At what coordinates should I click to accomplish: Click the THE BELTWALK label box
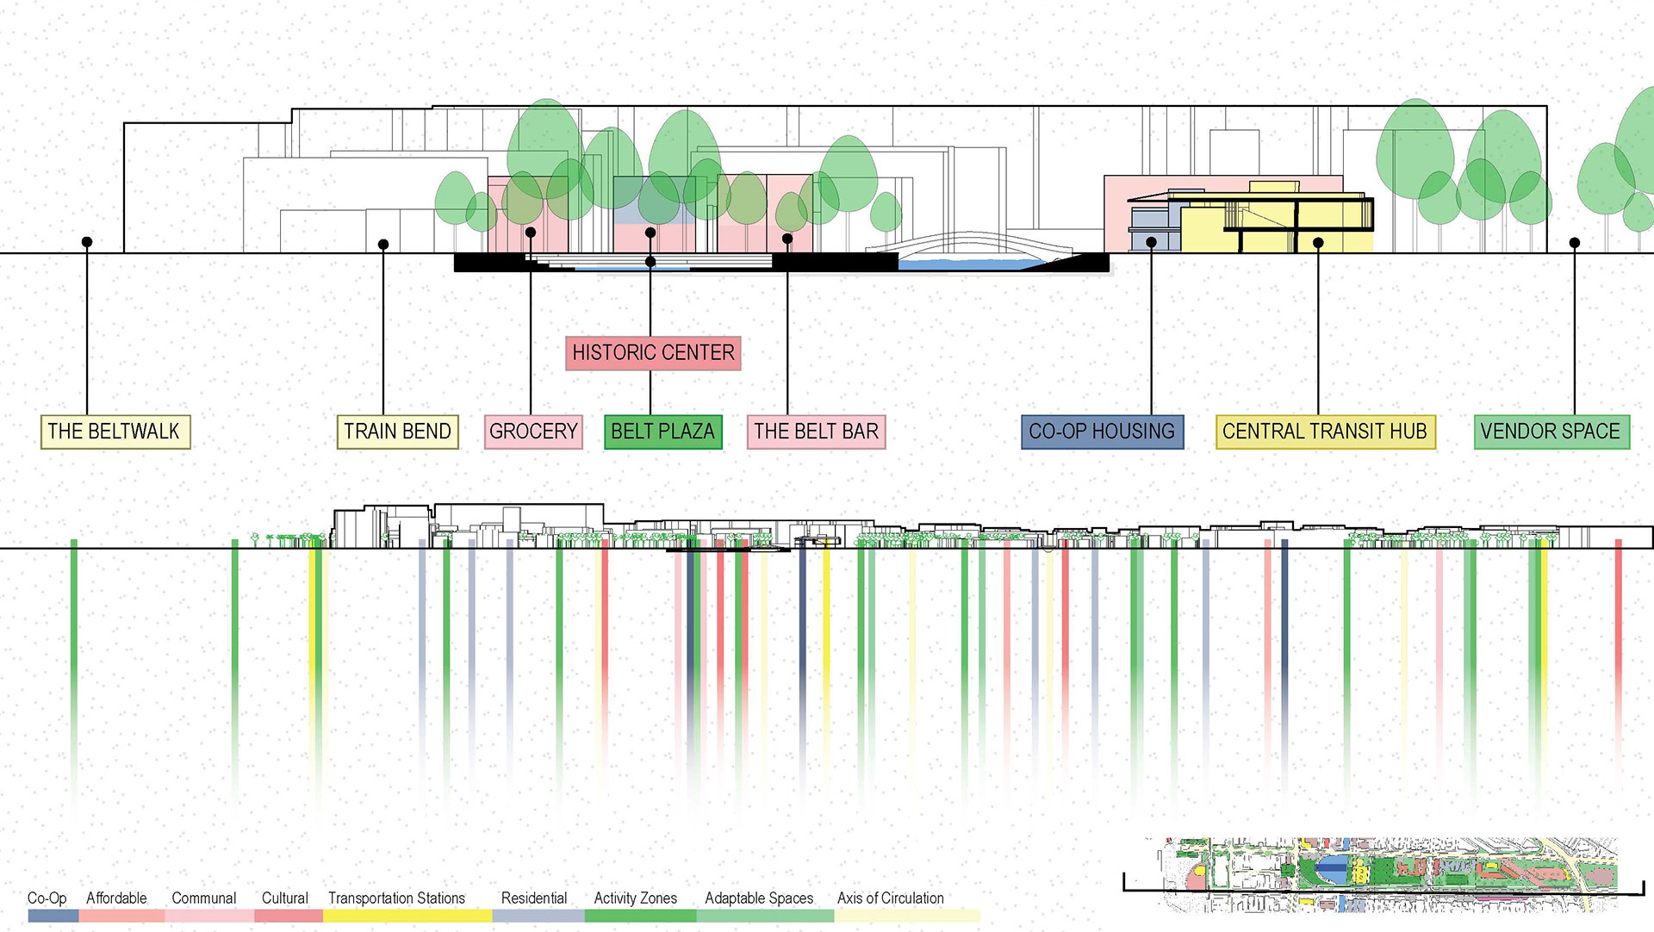tap(115, 432)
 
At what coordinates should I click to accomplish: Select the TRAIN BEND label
tap(397, 432)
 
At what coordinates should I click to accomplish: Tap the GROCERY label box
tap(533, 432)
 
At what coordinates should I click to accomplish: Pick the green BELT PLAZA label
tap(662, 432)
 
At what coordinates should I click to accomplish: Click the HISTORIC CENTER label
tap(653, 353)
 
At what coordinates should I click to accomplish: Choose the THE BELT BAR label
tap(816, 432)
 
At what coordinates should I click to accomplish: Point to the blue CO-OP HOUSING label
tap(1102, 432)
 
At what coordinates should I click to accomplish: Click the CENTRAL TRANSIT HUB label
tap(1325, 432)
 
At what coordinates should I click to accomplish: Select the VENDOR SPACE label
tap(1551, 432)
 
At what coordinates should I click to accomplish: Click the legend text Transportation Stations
tap(396, 898)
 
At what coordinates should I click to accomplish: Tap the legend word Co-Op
tap(47, 898)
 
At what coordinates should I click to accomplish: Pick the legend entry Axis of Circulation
tap(890, 898)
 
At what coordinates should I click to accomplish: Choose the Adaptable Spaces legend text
tap(759, 898)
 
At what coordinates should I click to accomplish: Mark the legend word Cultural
tap(284, 898)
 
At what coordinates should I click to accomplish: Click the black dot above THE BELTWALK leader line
tap(87, 242)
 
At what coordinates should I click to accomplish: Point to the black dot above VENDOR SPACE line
tap(1575, 243)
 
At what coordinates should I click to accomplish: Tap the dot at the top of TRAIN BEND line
tap(383, 245)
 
